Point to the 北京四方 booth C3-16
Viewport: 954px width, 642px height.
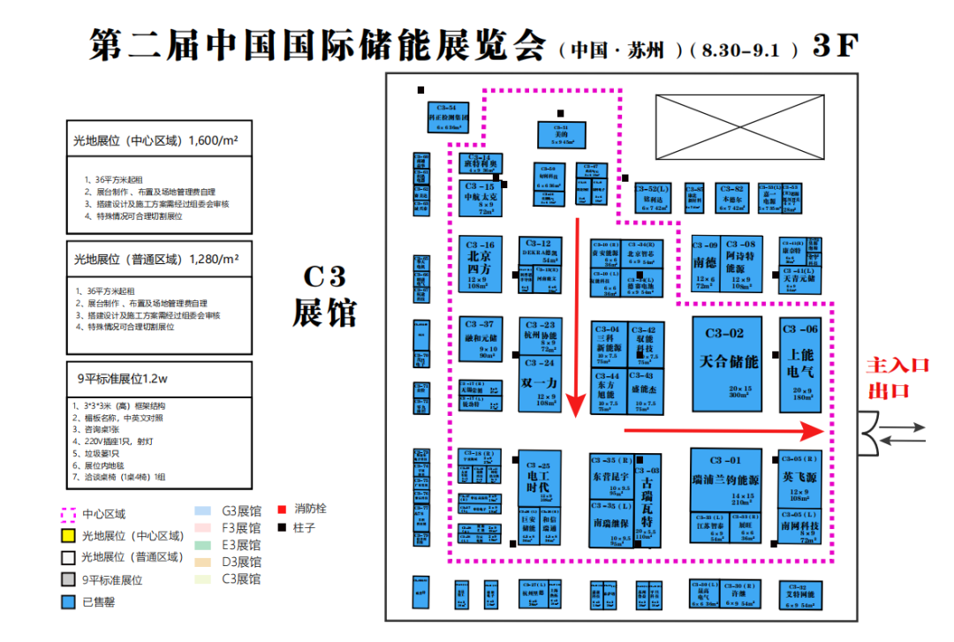[481, 264]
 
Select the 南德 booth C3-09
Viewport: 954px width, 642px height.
[704, 263]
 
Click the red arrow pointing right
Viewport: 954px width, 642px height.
[724, 430]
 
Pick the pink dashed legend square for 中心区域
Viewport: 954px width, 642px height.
[66, 513]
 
